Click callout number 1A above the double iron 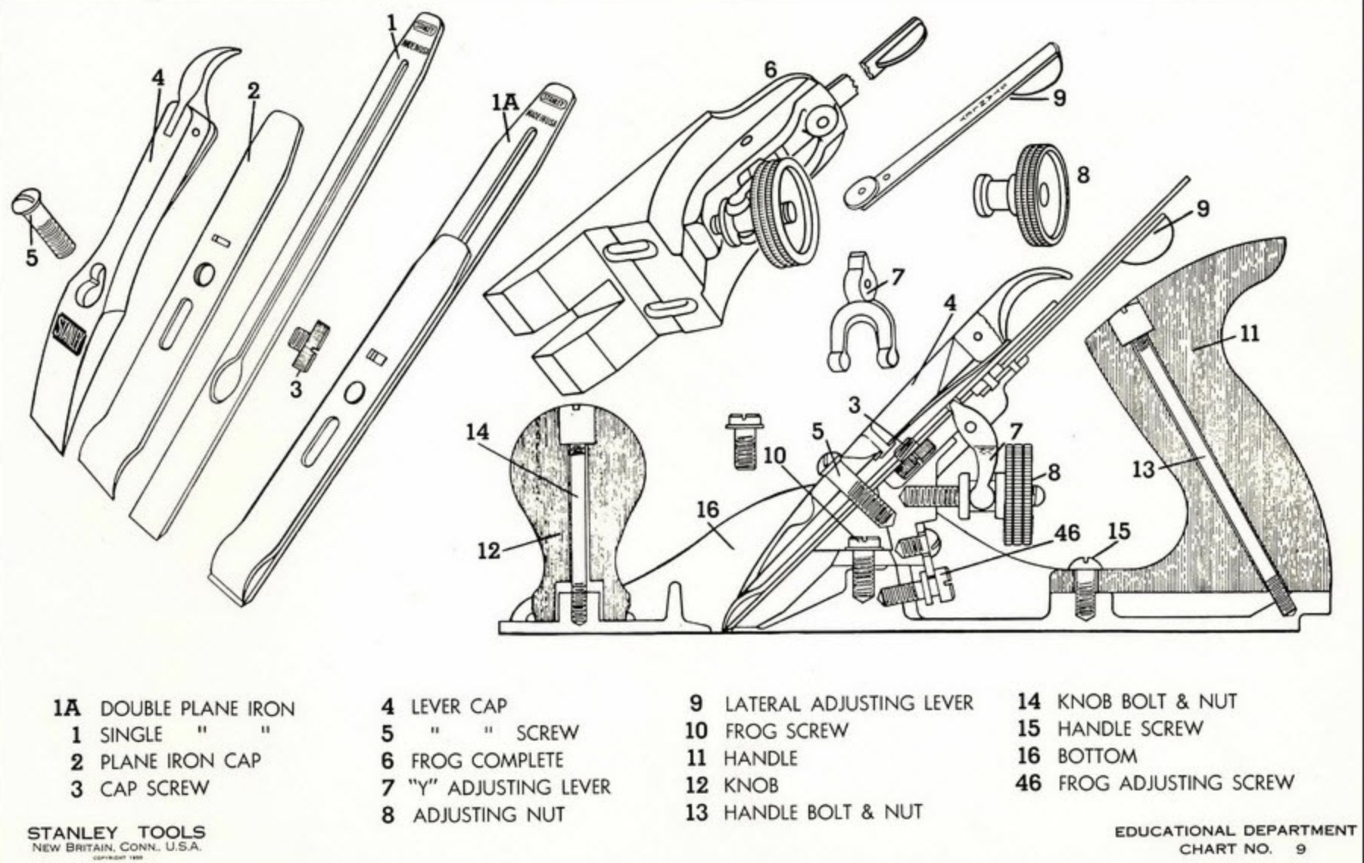click(x=506, y=103)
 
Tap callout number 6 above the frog click(x=770, y=70)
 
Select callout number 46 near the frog click(x=1067, y=533)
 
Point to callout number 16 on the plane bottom click(x=707, y=509)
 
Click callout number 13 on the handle click(x=1143, y=469)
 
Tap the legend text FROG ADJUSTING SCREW click(x=1176, y=783)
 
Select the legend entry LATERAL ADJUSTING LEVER click(x=849, y=703)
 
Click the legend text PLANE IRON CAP click(x=180, y=761)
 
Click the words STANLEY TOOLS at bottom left click(x=116, y=833)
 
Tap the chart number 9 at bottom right click(x=1300, y=849)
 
